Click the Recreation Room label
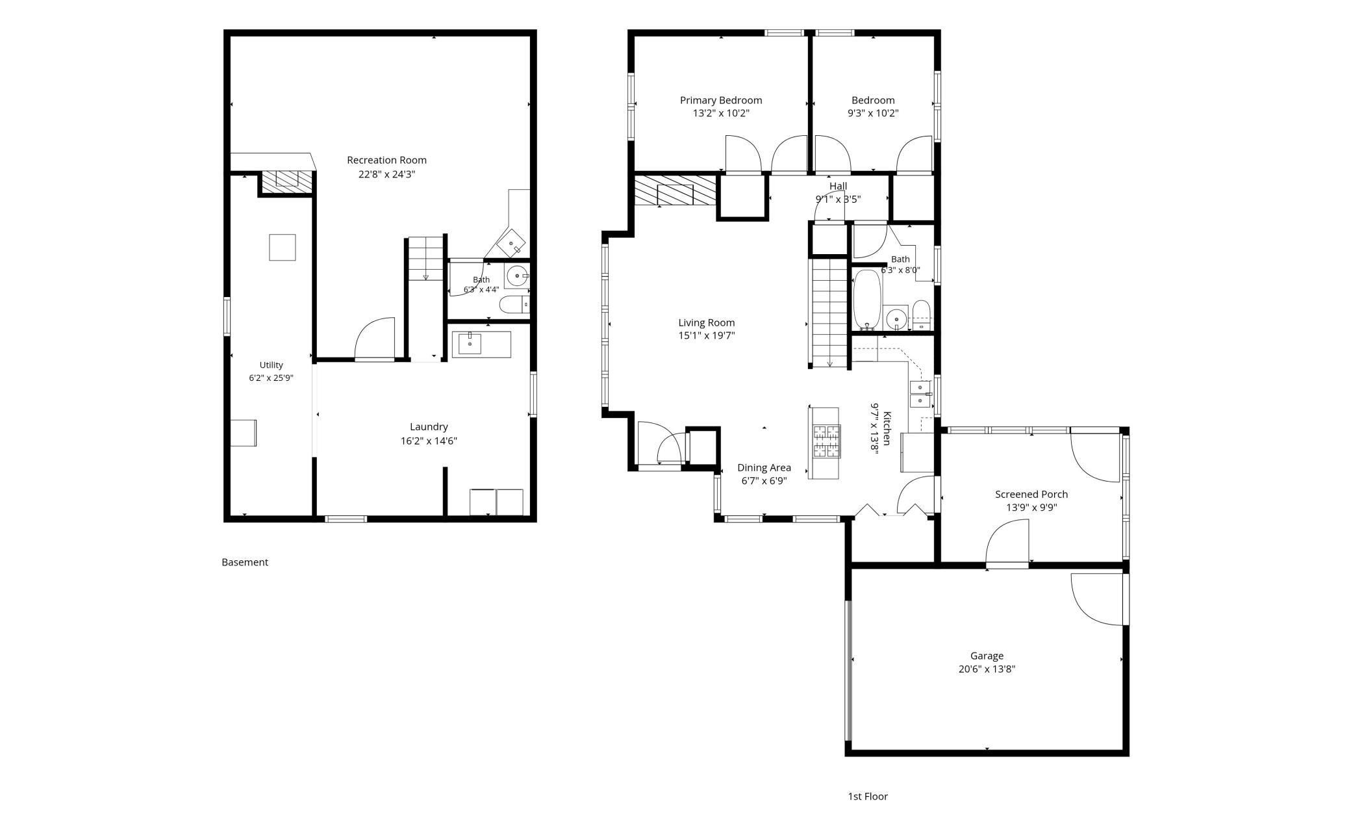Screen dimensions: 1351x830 (x=386, y=160)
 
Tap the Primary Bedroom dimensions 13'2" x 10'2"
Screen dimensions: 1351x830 (x=721, y=113)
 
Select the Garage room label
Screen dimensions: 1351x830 (x=987, y=656)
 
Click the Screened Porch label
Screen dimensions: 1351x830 (x=1031, y=495)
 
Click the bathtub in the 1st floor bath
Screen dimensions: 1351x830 (x=866, y=300)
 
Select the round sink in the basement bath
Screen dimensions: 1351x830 (x=517, y=276)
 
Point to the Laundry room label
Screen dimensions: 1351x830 (x=429, y=427)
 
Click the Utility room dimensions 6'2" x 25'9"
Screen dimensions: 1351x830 (x=271, y=378)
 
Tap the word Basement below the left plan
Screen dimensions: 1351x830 (x=245, y=562)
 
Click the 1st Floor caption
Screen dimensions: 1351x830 (x=868, y=796)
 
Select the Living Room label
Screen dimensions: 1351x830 (x=707, y=322)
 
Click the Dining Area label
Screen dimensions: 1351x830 (x=764, y=468)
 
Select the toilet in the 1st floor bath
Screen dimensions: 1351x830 (x=922, y=315)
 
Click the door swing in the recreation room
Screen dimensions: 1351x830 (x=375, y=337)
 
